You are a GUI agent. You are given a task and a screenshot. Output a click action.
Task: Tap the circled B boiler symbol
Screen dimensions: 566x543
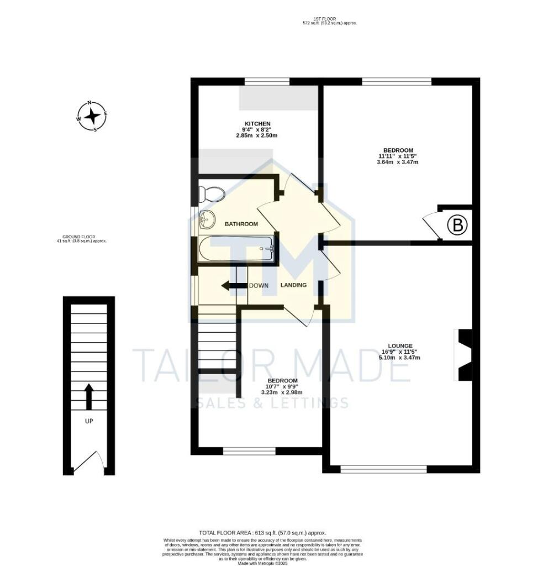pyautogui.click(x=457, y=226)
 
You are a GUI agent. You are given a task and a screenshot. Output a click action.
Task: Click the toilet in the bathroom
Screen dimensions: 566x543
pyautogui.click(x=212, y=194)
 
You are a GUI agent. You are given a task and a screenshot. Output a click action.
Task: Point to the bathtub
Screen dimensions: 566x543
pyautogui.click(x=236, y=249)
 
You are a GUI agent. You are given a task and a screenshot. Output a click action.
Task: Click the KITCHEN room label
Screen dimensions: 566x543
pyautogui.click(x=257, y=123)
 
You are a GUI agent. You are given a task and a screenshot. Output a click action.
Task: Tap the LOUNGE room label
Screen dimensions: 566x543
pyautogui.click(x=400, y=345)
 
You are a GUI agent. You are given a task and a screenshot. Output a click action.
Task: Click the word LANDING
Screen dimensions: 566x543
pyautogui.click(x=293, y=285)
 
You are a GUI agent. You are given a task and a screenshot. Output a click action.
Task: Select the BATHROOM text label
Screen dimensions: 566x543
pyautogui.click(x=241, y=224)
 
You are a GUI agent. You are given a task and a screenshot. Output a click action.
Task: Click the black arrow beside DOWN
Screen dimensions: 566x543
pyautogui.click(x=233, y=286)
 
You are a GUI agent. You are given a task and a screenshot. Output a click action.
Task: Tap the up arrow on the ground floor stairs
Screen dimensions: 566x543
pyautogui.click(x=88, y=397)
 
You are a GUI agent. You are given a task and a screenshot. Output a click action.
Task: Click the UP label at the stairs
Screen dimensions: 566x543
pyautogui.click(x=88, y=421)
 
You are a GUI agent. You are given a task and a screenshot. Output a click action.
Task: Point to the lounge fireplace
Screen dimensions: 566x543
pyautogui.click(x=463, y=355)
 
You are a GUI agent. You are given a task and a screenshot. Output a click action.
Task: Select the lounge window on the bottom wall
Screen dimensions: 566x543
pyautogui.click(x=383, y=469)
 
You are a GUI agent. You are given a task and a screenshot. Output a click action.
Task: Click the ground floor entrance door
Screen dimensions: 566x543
pyautogui.click(x=88, y=463)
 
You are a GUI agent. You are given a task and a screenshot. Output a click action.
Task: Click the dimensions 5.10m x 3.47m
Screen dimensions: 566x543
pyautogui.click(x=400, y=358)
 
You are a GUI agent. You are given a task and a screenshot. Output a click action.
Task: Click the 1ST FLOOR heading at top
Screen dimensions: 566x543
pyautogui.click(x=324, y=19)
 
